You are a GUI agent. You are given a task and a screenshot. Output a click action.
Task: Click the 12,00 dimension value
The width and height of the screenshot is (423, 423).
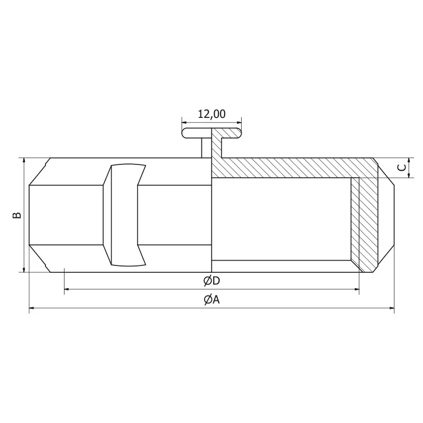pyautogui.click(x=212, y=114)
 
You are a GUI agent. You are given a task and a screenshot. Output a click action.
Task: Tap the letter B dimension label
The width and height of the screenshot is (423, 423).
pyautogui.click(x=17, y=215)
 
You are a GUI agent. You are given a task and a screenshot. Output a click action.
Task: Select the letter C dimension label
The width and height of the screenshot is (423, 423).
pyautogui.click(x=402, y=168)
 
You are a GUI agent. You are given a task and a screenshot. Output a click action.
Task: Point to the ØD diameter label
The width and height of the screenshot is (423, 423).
pyautogui.click(x=212, y=280)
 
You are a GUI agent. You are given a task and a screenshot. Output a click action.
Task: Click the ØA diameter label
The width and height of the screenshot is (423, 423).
pyautogui.click(x=212, y=300)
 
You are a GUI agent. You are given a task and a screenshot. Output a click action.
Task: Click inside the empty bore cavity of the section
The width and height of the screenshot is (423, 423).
pyautogui.click(x=280, y=219)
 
